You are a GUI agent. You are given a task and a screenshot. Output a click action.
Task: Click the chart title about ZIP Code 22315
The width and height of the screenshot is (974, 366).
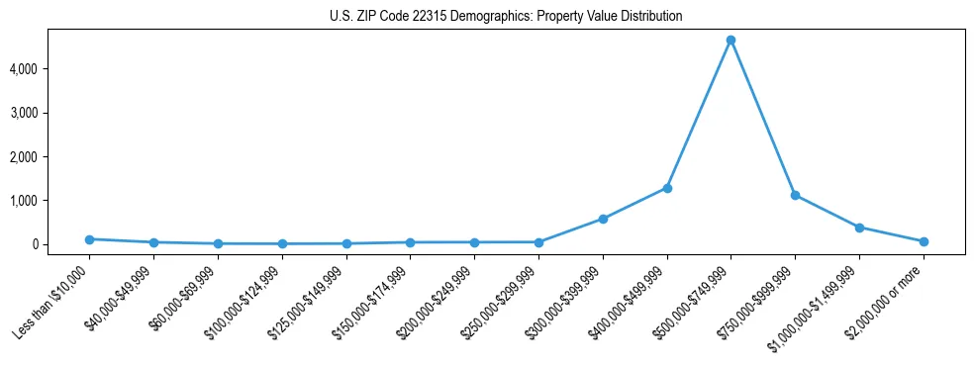[x=506, y=17]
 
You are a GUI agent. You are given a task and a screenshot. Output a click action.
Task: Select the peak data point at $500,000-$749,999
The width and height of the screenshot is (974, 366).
[x=730, y=41]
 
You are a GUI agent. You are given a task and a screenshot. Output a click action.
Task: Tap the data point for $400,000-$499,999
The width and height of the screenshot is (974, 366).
[x=667, y=188]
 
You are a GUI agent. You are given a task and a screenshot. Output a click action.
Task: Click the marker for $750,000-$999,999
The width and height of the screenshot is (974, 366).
[x=795, y=195]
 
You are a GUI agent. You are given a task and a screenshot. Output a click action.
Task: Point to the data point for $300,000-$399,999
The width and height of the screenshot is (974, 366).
[x=603, y=219]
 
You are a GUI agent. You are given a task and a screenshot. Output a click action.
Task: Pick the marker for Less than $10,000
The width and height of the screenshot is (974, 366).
[x=90, y=239]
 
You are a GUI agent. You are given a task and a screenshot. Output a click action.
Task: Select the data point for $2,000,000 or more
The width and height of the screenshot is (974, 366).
[x=924, y=241]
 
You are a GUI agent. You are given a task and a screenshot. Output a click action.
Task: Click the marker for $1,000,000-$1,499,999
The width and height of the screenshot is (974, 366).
[x=859, y=228]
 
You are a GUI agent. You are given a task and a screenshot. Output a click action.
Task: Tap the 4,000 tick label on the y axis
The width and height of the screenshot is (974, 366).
[x=50, y=69]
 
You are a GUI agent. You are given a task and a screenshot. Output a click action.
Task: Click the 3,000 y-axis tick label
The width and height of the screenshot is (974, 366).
[x=50, y=113]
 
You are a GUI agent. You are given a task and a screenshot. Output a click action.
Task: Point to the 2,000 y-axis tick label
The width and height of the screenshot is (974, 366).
[x=50, y=157]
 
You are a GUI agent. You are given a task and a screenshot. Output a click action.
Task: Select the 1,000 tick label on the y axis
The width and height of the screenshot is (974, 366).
[x=50, y=201]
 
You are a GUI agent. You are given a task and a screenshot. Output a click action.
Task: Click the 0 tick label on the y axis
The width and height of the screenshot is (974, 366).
[x=60, y=244]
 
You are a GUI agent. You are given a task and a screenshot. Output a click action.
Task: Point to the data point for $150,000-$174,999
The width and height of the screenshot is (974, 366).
[x=411, y=242]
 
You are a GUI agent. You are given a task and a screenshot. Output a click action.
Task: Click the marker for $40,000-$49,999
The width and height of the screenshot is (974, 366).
[x=154, y=242]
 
